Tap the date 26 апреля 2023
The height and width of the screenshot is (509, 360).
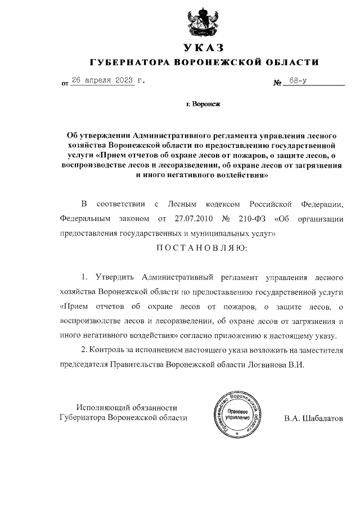[x=101, y=80]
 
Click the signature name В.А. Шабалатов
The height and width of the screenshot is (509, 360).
[x=313, y=418]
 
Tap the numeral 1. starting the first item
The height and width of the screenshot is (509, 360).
[x=85, y=277]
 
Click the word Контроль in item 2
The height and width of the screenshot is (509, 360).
[x=105, y=350]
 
